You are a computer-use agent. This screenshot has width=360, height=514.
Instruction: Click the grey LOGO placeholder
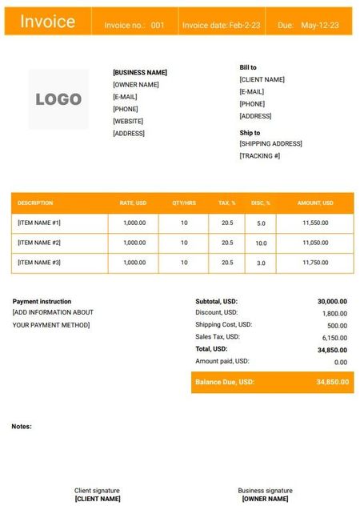pyautogui.click(x=58, y=99)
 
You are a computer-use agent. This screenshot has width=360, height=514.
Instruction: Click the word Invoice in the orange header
pyautogui.click(x=48, y=22)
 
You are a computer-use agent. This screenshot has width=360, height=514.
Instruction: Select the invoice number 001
pyautogui.click(x=158, y=26)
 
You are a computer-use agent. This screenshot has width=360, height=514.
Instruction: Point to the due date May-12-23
pyautogui.click(x=320, y=26)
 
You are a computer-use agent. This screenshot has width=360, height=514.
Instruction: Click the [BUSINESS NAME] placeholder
pyautogui.click(x=140, y=72)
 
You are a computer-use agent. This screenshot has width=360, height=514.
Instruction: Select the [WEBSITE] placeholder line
pyautogui.click(x=128, y=121)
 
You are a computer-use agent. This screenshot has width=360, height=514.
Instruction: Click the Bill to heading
pyautogui.click(x=248, y=67)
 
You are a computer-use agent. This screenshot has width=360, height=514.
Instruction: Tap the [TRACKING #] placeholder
pyautogui.click(x=260, y=155)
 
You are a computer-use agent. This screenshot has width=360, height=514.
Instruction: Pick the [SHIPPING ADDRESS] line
pyautogui.click(x=270, y=143)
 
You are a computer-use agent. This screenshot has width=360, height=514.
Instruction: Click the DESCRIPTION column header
pyautogui.click(x=35, y=203)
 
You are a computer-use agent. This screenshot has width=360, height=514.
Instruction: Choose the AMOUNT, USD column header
pyautogui.click(x=315, y=203)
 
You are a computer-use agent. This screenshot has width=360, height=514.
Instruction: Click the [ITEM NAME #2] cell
pyautogui.click(x=39, y=243)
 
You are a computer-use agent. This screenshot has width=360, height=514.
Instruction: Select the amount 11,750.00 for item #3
pyautogui.click(x=315, y=263)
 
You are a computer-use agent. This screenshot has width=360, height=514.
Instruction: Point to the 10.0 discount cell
pyautogui.click(x=261, y=243)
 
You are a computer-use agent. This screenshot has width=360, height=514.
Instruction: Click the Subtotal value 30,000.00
pyautogui.click(x=332, y=301)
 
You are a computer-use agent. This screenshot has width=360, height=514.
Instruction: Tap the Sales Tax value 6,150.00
pyautogui.click(x=334, y=338)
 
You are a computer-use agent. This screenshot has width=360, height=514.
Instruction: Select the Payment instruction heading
pyautogui.click(x=42, y=301)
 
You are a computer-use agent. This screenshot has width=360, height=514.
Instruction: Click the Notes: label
pyautogui.click(x=22, y=426)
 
